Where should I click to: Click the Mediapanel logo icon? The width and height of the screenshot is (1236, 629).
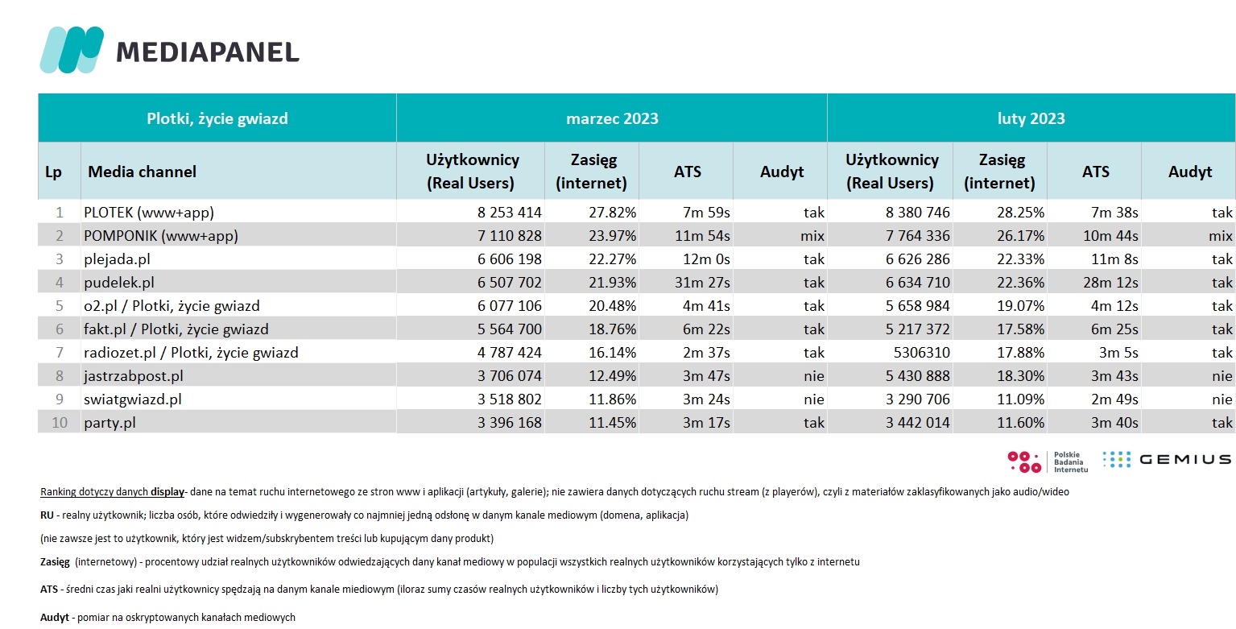[72, 50]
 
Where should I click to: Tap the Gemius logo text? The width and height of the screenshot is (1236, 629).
[1185, 460]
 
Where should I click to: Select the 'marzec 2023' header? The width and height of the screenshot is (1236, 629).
[612, 118]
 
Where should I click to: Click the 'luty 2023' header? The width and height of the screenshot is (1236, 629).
[1031, 118]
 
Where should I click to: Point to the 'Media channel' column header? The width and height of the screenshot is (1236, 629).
[142, 172]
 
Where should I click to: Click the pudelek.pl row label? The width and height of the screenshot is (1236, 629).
[119, 283]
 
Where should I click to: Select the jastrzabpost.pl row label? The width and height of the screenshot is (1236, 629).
[134, 376]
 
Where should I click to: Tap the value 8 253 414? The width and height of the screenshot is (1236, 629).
[510, 213]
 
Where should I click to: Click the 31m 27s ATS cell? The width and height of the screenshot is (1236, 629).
[702, 283]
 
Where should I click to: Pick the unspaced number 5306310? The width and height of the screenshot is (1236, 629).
[921, 353]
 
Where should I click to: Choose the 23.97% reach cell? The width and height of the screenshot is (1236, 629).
[612, 236]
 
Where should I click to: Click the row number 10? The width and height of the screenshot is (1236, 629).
[59, 423]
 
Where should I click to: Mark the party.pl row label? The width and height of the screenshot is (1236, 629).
[110, 423]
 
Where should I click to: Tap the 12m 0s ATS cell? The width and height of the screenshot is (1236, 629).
[706, 259]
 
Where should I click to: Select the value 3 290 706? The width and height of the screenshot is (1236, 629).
[918, 399]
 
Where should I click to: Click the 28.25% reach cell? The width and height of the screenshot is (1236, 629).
[1020, 213]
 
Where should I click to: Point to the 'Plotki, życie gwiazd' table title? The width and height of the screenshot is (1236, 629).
[217, 118]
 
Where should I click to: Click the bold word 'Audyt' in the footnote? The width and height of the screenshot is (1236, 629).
[55, 618]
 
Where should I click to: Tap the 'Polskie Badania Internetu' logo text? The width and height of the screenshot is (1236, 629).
[1070, 462]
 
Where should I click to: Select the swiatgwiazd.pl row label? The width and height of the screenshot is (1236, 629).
[132, 399]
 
